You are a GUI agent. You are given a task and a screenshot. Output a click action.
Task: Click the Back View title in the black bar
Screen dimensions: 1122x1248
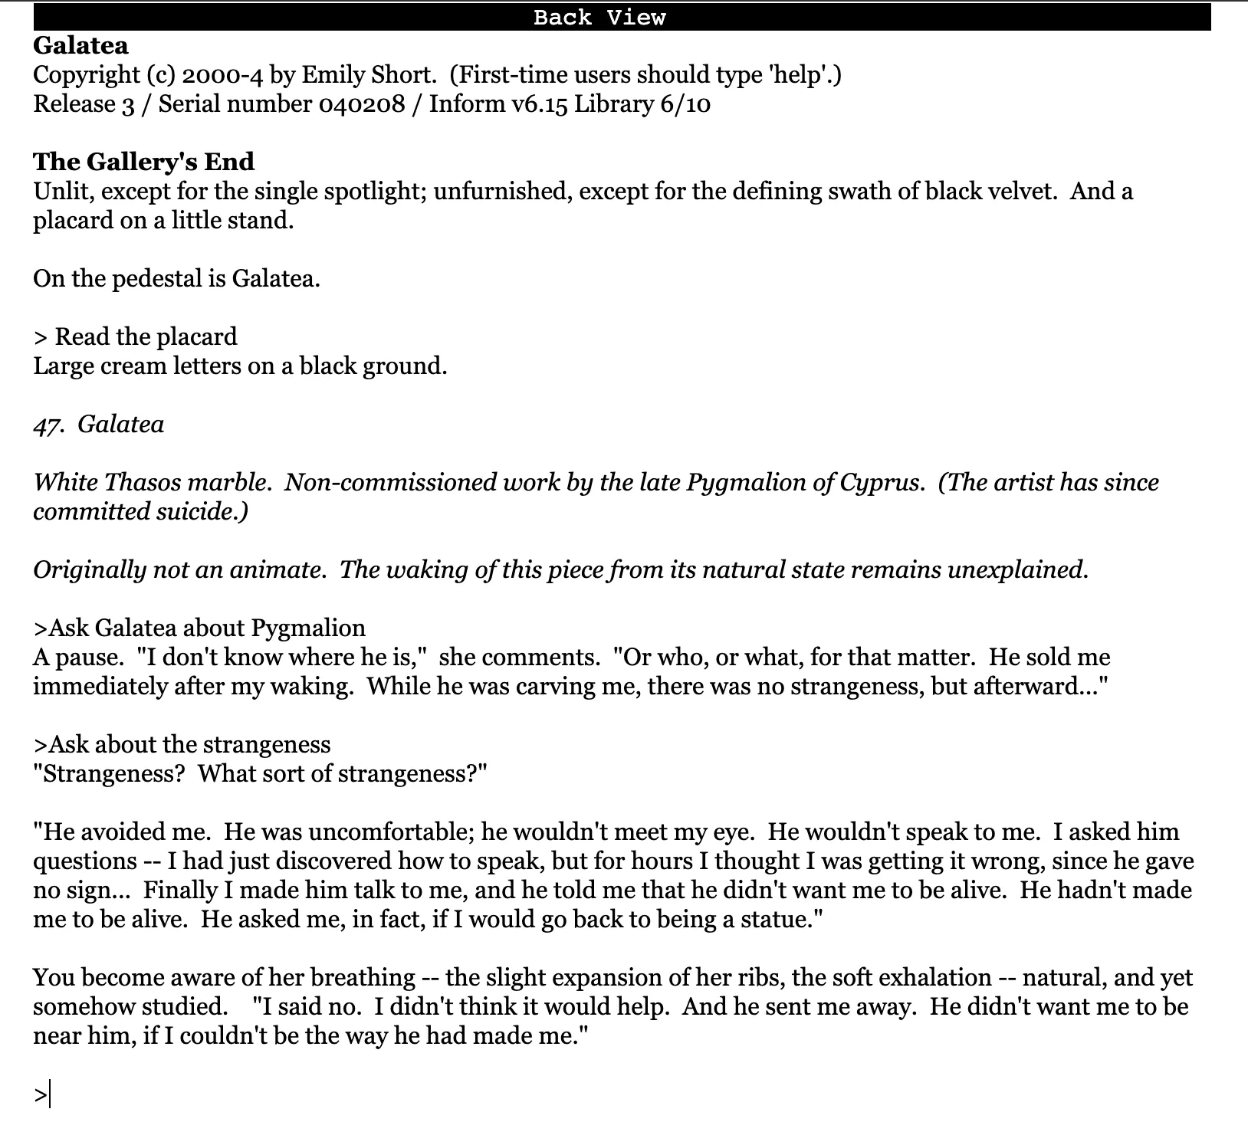[599, 18]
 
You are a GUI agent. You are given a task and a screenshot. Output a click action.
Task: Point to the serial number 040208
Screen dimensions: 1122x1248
[361, 104]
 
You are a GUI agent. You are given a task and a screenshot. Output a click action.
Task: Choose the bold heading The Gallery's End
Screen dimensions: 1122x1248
[143, 162]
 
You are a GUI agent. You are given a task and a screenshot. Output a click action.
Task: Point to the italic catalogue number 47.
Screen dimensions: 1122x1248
[47, 425]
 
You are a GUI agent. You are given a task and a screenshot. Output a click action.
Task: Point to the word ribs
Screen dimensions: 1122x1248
[767, 978]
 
